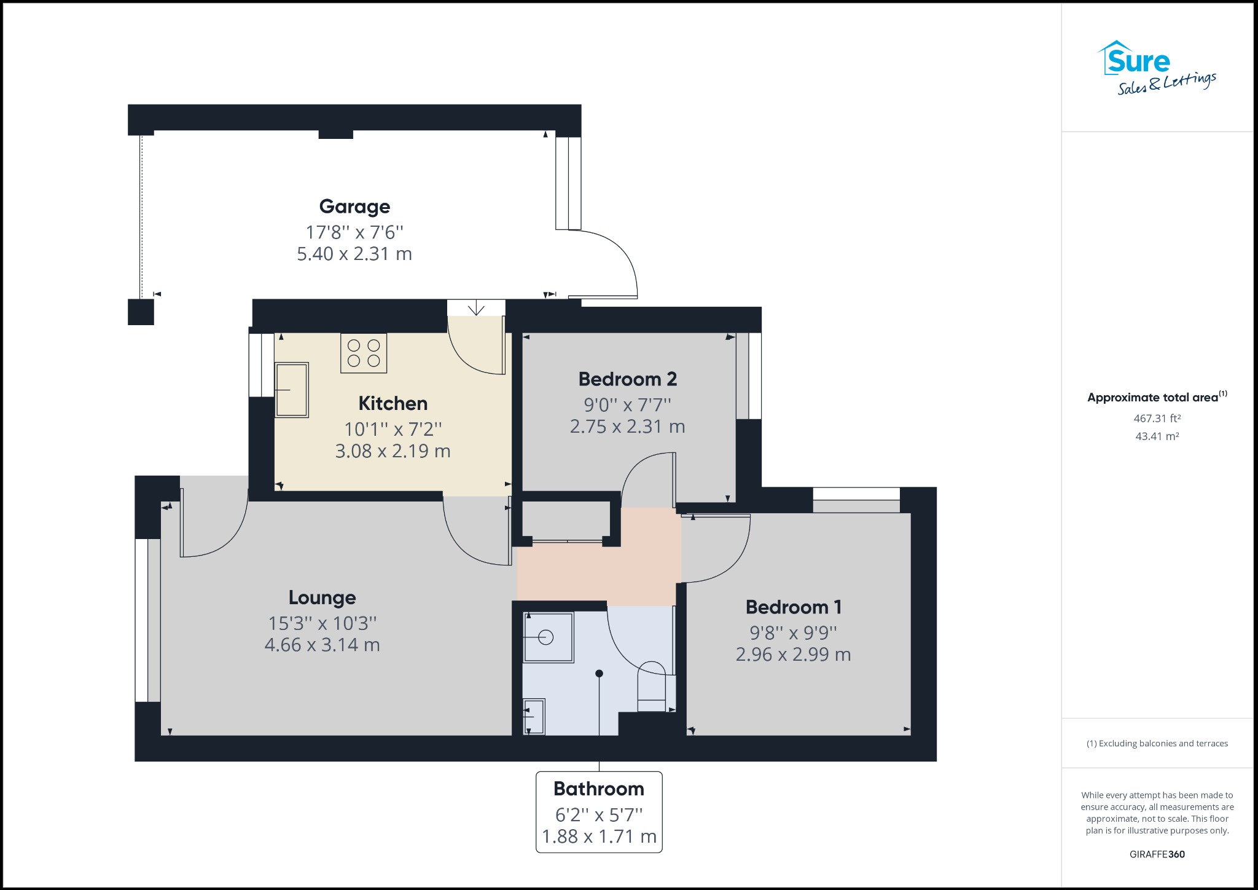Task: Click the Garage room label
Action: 354,207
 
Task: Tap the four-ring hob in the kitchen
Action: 364,353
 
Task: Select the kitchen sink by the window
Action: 291,390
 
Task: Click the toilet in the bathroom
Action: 651,687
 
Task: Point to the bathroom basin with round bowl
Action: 547,637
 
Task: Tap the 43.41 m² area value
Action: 1157,436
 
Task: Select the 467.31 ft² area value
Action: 1157,419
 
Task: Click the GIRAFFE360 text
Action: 1157,854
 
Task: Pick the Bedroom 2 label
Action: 627,379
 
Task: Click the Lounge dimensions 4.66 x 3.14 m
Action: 322,645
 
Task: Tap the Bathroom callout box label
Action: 599,789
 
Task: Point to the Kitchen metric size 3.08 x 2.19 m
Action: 393,451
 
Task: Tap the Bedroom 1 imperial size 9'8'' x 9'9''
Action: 793,632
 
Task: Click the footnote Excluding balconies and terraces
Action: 1157,744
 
